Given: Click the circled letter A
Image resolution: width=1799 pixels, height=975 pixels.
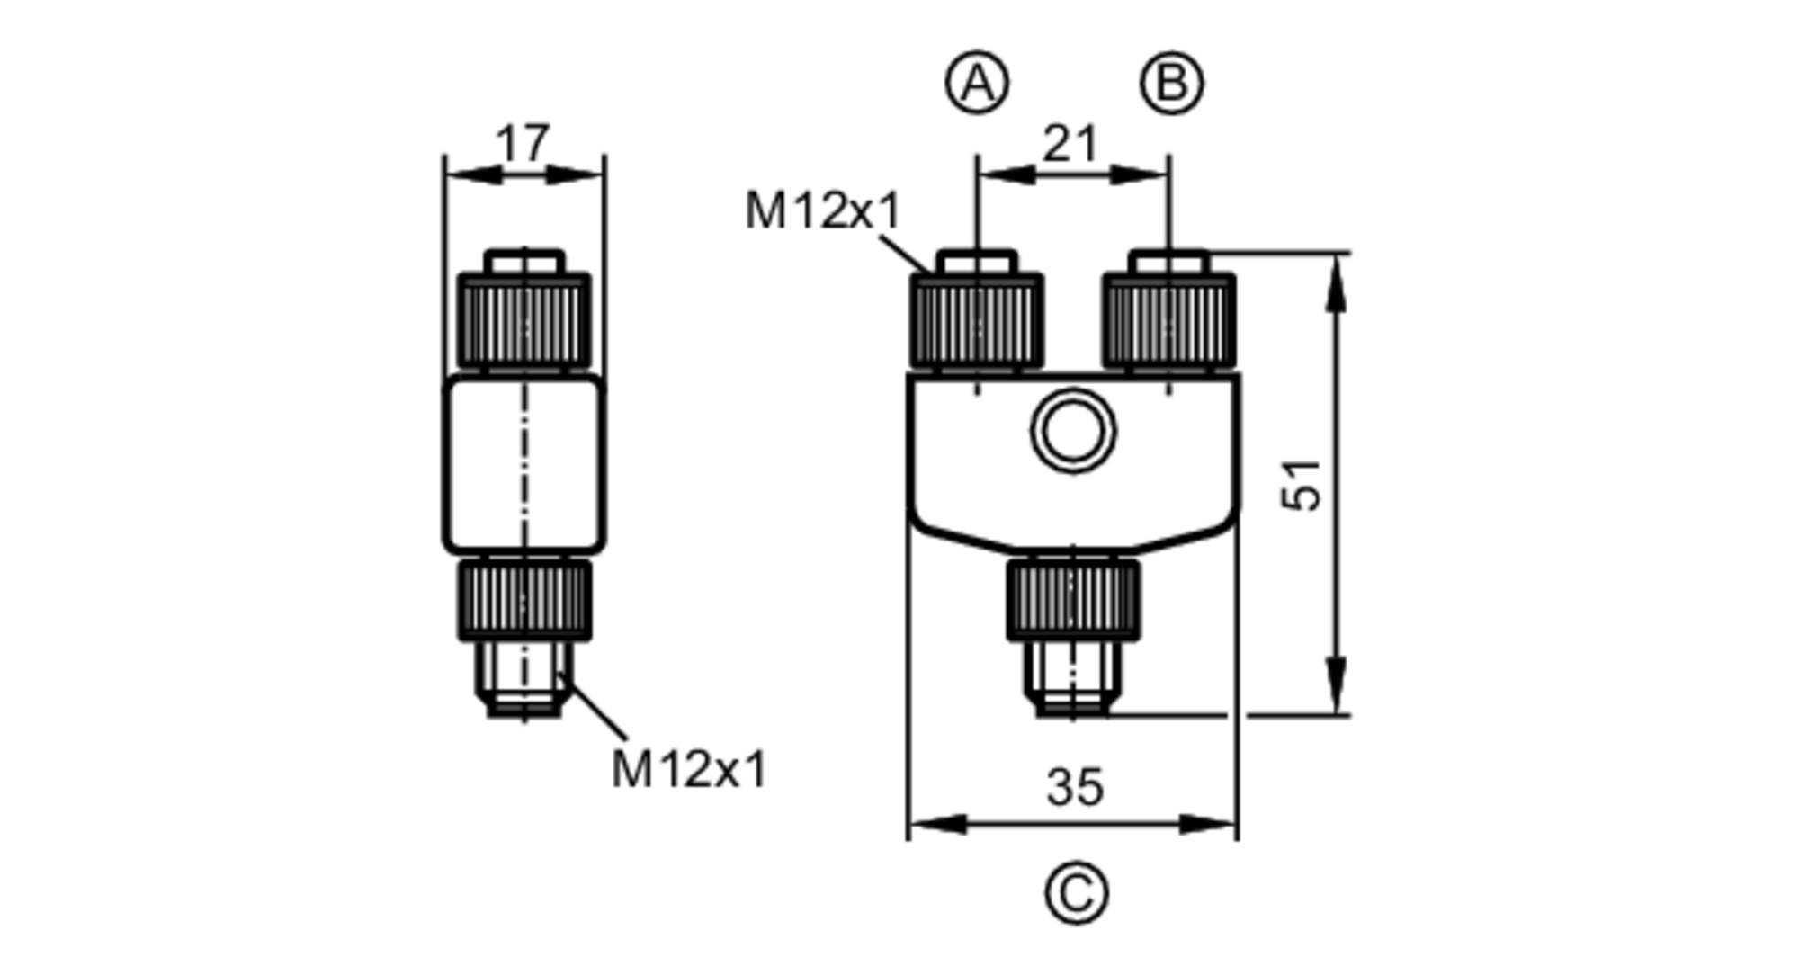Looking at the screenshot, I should point(977,84).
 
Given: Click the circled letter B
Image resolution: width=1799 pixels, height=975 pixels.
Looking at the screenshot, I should point(1171,84).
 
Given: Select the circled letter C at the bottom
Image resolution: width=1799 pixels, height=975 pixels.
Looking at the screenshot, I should point(1076,893).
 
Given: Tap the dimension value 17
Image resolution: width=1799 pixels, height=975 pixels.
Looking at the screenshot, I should point(522,143).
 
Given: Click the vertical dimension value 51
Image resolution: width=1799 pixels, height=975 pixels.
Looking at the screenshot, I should point(1302,486).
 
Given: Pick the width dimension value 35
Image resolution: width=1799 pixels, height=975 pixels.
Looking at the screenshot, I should point(1074,788).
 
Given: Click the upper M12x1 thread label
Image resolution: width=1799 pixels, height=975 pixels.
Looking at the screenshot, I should point(823,212).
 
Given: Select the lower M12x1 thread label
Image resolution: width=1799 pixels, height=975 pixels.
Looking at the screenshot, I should point(689,770).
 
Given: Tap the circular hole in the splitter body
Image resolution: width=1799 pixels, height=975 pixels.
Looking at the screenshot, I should point(1073,431).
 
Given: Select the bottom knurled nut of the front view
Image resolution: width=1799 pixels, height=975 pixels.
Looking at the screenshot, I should point(1072,599).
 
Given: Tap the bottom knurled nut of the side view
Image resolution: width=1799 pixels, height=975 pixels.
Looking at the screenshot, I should point(524,599).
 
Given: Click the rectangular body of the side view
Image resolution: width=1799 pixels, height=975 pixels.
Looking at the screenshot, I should point(524,464).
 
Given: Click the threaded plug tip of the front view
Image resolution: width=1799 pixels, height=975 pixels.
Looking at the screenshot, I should point(1072,680).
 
